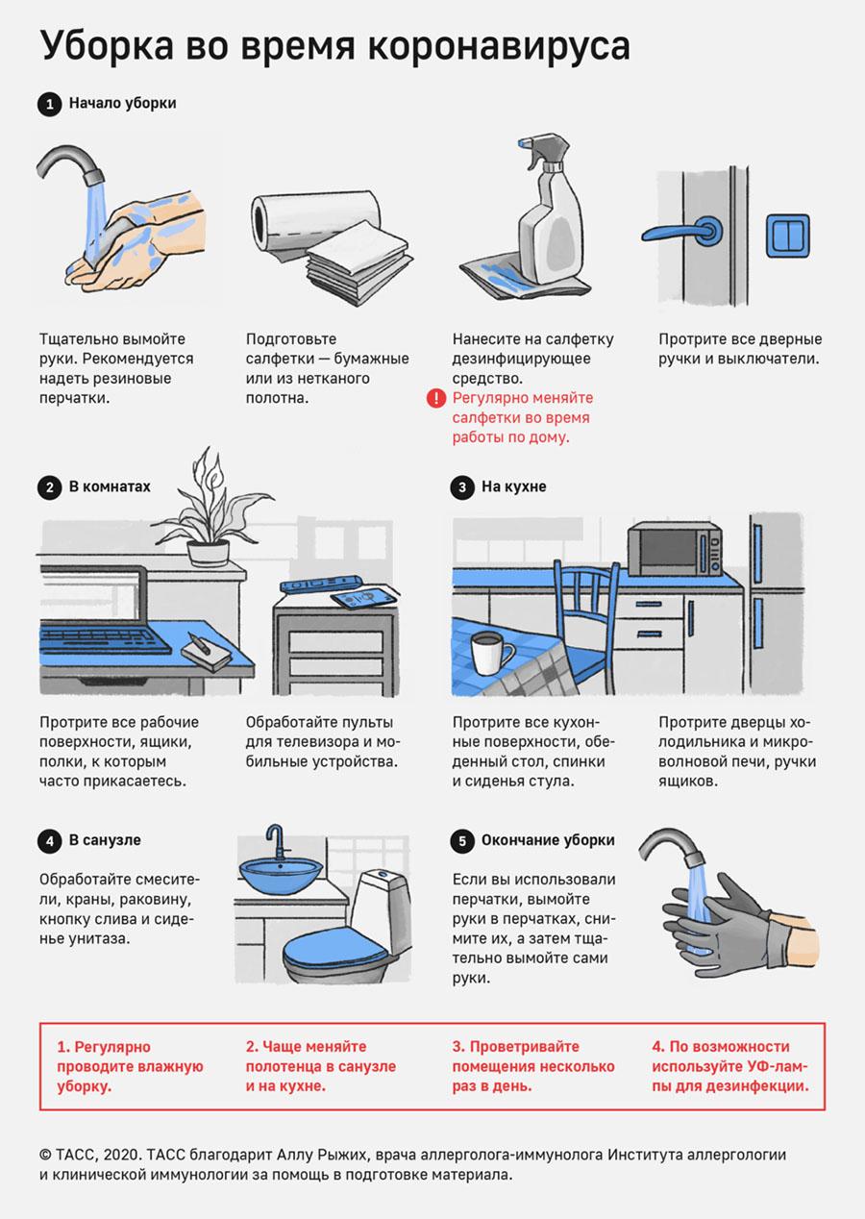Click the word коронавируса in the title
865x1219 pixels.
coord(499,47)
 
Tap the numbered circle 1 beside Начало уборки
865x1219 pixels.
coord(50,104)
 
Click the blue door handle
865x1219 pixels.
coord(681,232)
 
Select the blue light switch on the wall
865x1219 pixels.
coord(788,236)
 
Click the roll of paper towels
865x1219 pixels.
coord(315,224)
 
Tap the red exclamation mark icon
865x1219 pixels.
coord(435,398)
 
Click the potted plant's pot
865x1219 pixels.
coord(208,553)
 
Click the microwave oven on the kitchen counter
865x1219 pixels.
coord(675,550)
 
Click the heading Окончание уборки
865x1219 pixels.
coord(548,840)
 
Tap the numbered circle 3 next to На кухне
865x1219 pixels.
coord(462,487)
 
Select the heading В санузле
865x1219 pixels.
coord(105,840)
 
